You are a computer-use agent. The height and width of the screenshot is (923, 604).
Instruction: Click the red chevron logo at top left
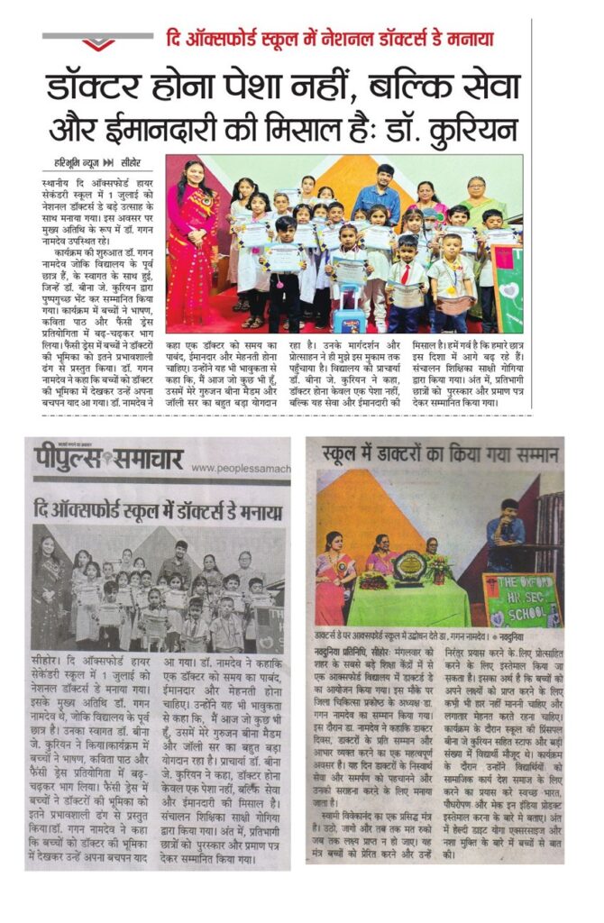pos(97,41)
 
